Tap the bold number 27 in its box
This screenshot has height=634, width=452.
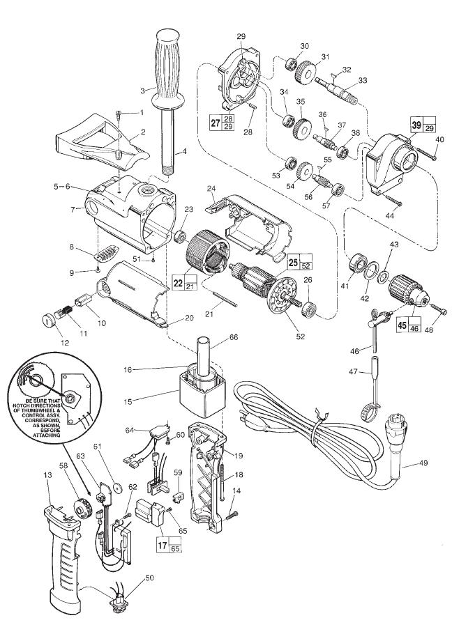215,122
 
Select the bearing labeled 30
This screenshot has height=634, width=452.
291,63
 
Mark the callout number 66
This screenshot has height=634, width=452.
234,337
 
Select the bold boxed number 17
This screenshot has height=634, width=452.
163,545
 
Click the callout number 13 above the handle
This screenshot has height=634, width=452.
47,475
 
